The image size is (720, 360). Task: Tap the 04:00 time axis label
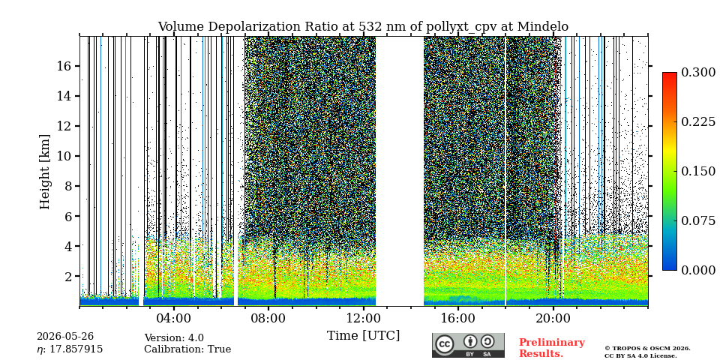pyautogui.click(x=174, y=318)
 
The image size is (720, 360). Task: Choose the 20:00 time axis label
pyautogui.click(x=553, y=318)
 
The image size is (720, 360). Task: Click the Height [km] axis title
pyautogui.click(x=44, y=172)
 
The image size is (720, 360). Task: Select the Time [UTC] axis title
pyautogui.click(x=363, y=336)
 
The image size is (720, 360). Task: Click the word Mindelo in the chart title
pyautogui.click(x=543, y=27)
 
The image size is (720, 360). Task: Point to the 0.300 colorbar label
pyautogui.click(x=698, y=72)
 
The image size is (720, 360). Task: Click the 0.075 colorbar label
pyautogui.click(x=698, y=220)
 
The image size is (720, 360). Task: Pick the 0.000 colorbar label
pyautogui.click(x=698, y=271)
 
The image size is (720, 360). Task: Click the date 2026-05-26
pyautogui.click(x=65, y=337)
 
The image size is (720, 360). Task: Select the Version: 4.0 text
pyautogui.click(x=174, y=338)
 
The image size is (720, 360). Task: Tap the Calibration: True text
pyautogui.click(x=187, y=349)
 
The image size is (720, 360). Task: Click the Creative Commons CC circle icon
pyautogui.click(x=445, y=344)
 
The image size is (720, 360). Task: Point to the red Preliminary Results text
pyautogui.click(x=552, y=347)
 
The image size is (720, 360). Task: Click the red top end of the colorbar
pyautogui.click(x=670, y=73)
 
